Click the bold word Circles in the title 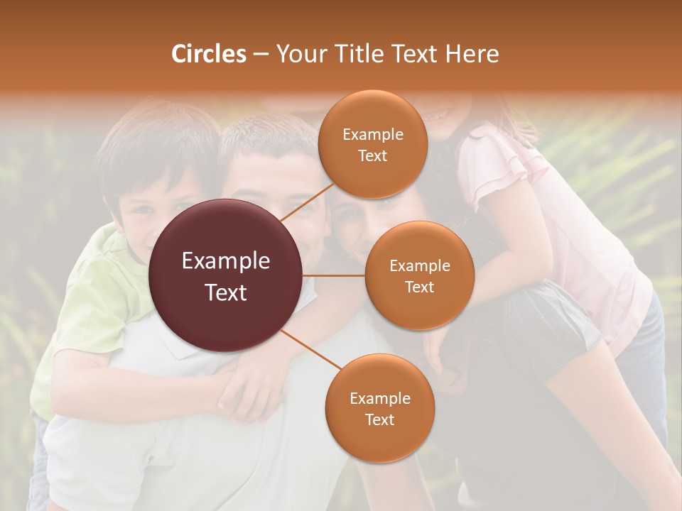click(208, 54)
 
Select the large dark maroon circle click(226, 275)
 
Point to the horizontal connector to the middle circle click(334, 275)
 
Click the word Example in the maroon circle click(226, 260)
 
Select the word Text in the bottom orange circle click(379, 419)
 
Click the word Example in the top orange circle click(373, 134)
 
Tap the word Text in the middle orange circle click(419, 287)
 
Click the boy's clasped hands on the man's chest click(245, 387)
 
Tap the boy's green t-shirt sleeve click(107, 284)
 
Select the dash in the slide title click(261, 55)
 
